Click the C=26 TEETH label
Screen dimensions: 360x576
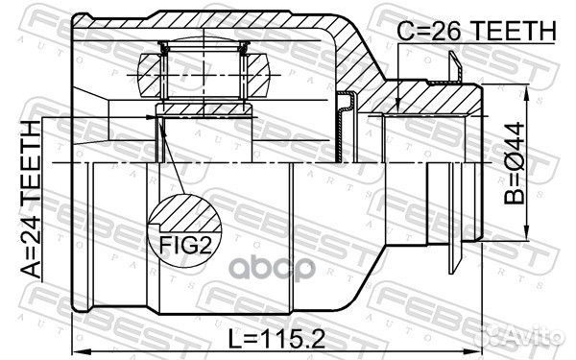[x=476, y=31]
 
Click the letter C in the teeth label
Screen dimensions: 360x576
[x=405, y=31]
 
